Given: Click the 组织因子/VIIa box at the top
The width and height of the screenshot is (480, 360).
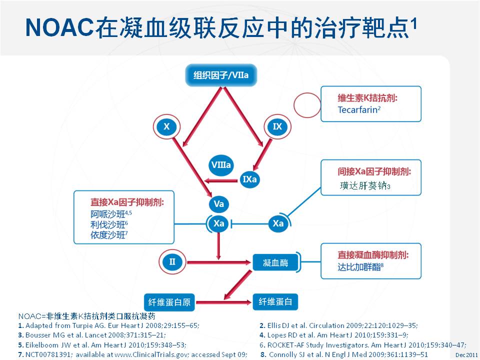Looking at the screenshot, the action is point(221,75).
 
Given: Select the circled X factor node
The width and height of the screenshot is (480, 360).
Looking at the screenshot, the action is point(166,126).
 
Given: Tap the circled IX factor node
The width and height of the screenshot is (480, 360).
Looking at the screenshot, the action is point(277,126).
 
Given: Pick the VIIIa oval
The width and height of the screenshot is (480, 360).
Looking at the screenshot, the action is point(221,165).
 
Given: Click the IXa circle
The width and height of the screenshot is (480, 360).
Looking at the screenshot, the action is point(250,179).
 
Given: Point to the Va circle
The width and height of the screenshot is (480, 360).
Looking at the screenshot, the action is point(219,204).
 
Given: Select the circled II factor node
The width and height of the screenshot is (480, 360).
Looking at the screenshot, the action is point(172,262).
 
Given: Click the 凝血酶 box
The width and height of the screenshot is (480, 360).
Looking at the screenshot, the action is point(275,262).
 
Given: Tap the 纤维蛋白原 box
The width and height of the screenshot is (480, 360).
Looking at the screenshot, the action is point(169,302).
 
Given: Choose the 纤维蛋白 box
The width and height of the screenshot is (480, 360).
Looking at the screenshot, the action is point(275,302).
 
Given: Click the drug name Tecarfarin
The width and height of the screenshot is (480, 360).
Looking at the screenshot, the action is point(357,110).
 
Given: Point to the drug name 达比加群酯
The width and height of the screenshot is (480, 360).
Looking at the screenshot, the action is point(359,267).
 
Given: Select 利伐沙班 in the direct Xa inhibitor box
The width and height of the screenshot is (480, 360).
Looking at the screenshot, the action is point(108,224).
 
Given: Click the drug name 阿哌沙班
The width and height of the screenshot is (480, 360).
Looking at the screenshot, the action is point(108,214).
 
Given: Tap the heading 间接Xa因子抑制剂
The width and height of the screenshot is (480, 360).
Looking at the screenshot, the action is point(374,171).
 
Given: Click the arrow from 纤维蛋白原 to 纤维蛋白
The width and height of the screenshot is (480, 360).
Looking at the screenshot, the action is point(223,302).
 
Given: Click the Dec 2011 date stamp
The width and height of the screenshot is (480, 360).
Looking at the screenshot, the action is point(466,355).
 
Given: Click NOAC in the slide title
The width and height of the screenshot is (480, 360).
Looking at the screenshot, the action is point(59,27).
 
